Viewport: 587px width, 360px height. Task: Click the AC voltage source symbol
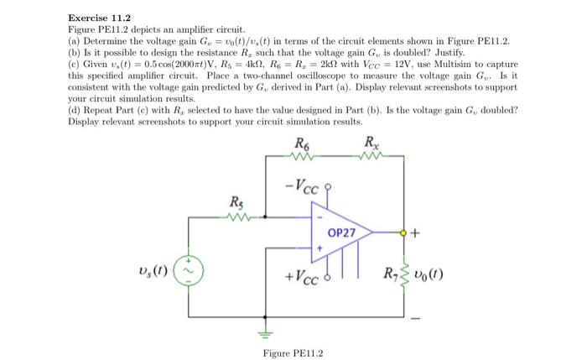click(188, 272)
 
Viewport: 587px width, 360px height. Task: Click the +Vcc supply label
click(301, 278)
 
